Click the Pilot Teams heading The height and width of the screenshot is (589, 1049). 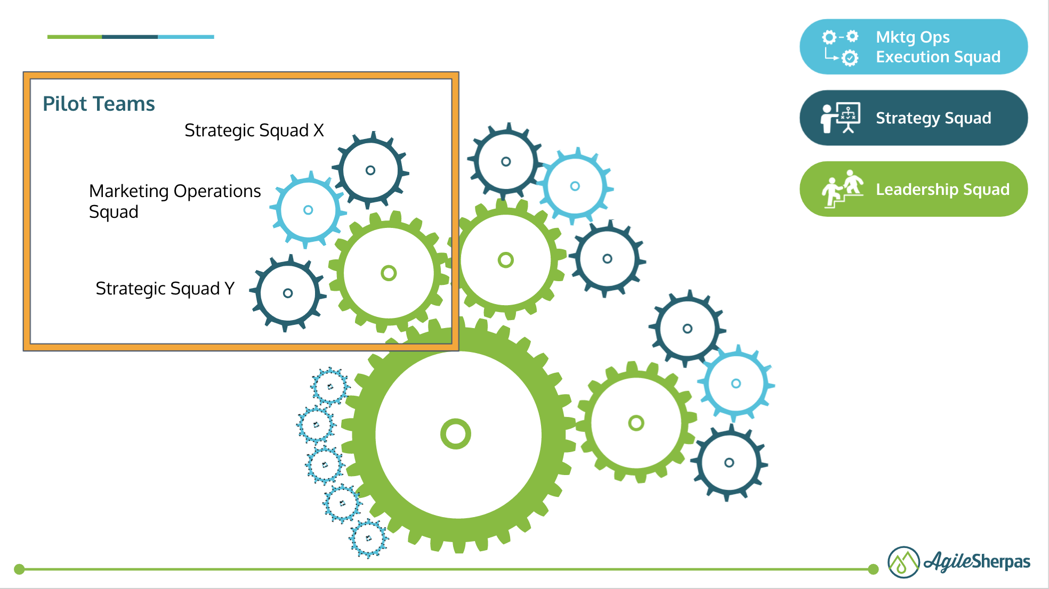99,104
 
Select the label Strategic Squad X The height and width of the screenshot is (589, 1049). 254,130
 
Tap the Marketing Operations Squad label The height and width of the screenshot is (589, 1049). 174,201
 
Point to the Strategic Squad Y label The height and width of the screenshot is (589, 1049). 165,289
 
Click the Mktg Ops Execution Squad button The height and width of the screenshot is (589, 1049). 913,47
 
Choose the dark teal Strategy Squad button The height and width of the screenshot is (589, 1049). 913,118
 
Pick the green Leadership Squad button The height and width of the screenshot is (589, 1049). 913,189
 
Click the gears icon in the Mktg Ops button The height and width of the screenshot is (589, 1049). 841,47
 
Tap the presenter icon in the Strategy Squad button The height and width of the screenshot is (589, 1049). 841,118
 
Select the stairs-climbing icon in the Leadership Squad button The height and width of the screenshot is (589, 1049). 842,189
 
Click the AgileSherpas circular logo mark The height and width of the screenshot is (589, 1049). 903,562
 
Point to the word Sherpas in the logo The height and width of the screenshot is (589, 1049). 1000,561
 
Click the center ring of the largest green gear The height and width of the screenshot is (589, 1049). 456,434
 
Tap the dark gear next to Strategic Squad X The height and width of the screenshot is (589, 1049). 370,170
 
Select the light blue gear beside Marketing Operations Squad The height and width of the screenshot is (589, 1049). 308,210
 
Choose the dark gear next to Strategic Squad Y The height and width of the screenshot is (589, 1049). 288,293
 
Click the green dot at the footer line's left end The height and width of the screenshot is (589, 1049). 19,569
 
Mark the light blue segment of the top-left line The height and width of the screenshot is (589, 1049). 185,37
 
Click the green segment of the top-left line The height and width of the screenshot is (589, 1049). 75,37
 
